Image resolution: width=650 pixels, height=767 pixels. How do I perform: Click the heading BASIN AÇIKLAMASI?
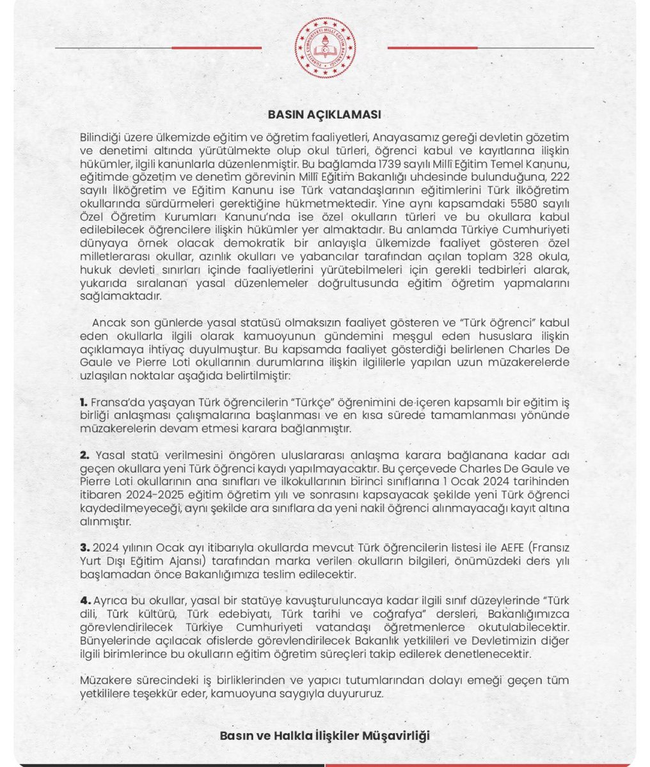pyautogui.click(x=324, y=115)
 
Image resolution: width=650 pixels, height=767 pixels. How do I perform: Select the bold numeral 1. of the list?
pyautogui.click(x=83, y=404)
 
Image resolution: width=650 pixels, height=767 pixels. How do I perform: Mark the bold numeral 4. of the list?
pyautogui.click(x=84, y=601)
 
